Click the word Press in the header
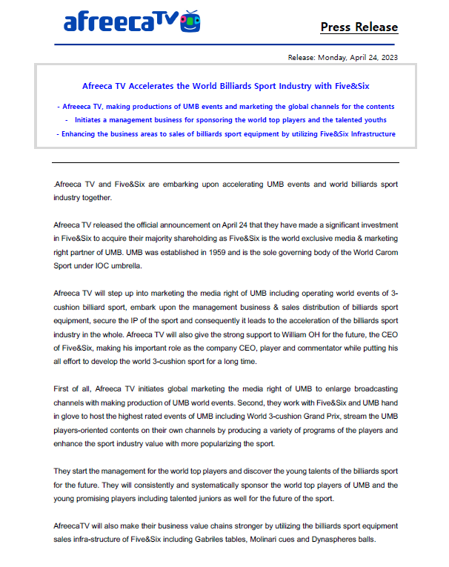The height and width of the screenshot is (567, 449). pos(336,27)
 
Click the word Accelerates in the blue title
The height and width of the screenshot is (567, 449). pos(167,86)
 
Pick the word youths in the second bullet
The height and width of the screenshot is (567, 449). pos(371,120)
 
